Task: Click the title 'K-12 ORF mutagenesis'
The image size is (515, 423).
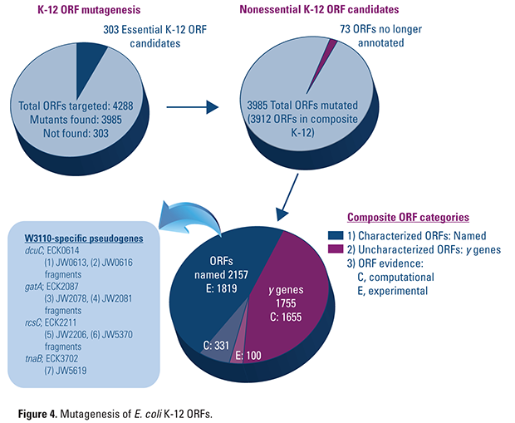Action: tap(90, 10)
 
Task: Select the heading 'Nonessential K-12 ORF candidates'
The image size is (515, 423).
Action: tap(319, 9)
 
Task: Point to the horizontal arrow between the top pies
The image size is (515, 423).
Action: tap(193, 107)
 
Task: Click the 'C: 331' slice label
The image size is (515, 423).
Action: tap(216, 346)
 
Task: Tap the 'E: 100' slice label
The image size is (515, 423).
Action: tap(248, 356)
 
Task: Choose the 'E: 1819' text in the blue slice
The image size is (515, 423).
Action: tap(221, 288)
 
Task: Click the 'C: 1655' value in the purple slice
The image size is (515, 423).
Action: tap(286, 317)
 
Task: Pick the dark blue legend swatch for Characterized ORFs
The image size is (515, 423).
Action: tap(336, 235)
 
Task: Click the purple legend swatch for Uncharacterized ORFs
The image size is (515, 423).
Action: tap(336, 249)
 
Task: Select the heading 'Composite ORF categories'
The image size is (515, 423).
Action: tap(408, 217)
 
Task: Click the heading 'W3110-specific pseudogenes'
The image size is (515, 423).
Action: tap(84, 239)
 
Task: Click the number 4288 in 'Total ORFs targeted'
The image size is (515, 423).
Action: tap(123, 106)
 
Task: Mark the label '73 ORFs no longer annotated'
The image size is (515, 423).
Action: tap(381, 36)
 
